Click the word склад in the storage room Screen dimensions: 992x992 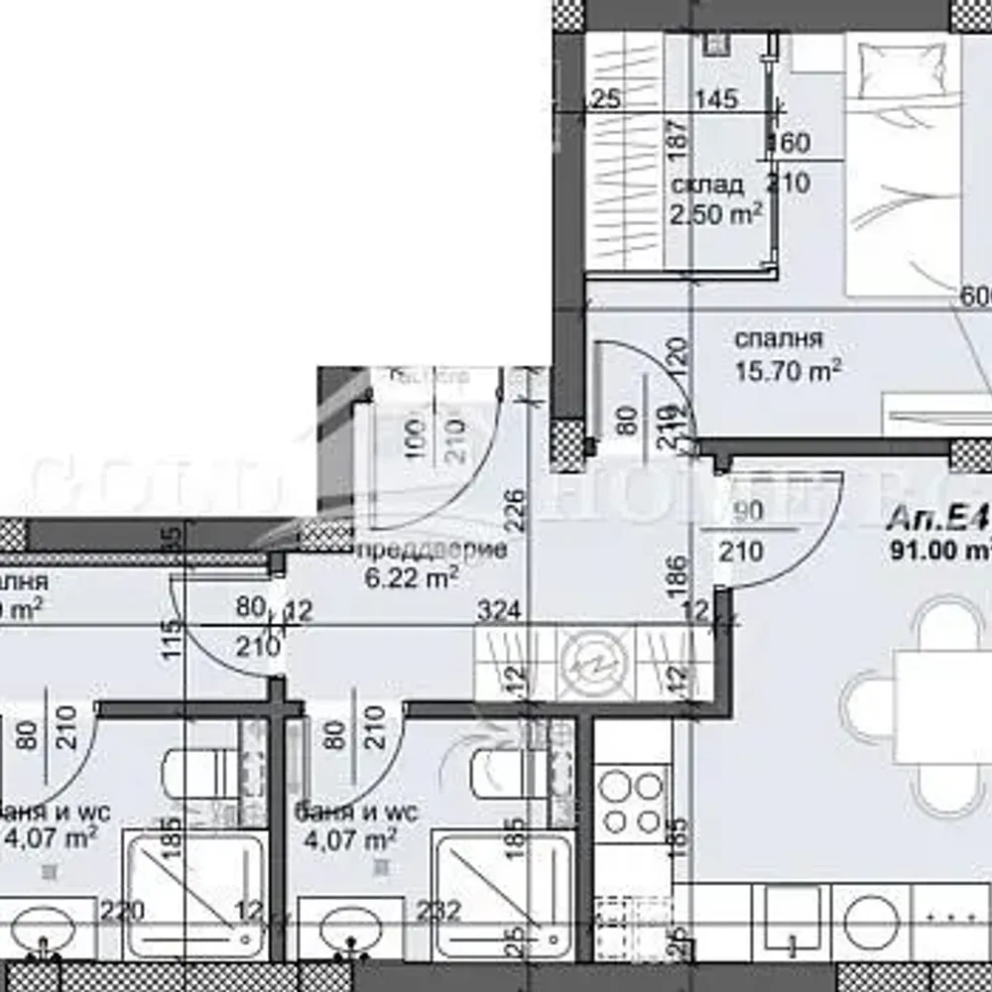coord(706,186)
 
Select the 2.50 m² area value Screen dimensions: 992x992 coord(717,213)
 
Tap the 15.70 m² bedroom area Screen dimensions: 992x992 coord(788,372)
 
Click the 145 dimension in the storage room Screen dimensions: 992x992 coord(716,99)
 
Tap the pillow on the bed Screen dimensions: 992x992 coord(890,72)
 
